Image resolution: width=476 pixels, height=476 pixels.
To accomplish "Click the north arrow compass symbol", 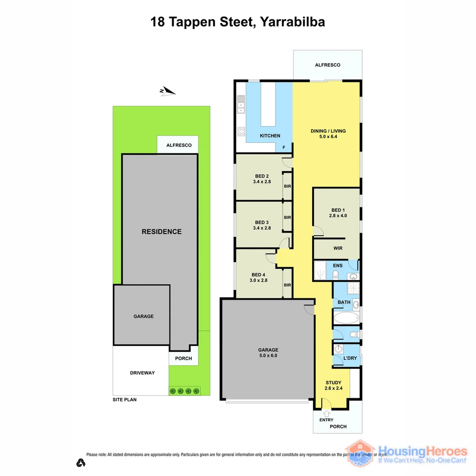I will point(167,91).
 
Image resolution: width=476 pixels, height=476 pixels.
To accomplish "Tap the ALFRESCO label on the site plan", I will point(178,145).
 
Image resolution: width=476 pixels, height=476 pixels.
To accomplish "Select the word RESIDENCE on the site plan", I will point(161,231).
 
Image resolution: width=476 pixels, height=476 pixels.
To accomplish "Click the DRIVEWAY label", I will point(142,373).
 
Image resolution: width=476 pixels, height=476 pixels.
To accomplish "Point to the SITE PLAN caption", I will point(124,400).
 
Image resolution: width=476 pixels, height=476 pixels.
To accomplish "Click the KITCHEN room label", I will point(270,136).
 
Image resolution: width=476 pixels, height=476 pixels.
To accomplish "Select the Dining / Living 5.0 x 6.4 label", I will point(328,134).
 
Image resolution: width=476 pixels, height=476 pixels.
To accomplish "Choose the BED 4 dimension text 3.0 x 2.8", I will point(259,280).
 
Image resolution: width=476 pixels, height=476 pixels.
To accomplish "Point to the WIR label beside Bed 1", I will point(338,248).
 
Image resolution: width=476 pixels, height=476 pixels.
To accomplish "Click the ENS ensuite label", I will point(338,266).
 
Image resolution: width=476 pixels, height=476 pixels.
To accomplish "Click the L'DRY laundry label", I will point(350,358).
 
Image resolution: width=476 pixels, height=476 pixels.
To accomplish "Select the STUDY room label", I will point(334,383).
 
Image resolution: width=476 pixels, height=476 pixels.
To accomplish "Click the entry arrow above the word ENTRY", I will point(327,413).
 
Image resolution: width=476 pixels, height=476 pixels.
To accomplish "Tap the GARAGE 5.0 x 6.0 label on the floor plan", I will point(268,353).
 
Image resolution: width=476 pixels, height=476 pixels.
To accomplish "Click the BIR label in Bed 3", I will point(287,217).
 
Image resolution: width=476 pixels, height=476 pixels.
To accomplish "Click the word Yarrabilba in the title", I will point(293,22).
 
